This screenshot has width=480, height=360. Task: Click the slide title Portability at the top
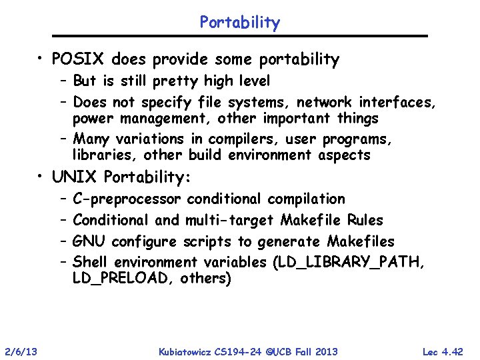tap(240, 22)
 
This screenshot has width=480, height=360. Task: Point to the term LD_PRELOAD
tap(123, 279)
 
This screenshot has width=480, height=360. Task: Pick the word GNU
tap(89, 241)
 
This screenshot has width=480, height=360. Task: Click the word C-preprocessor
tap(127, 199)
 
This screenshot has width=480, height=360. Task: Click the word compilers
tap(242, 139)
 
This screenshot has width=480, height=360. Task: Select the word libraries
tap(100, 155)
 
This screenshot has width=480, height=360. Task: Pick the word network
tap(325, 102)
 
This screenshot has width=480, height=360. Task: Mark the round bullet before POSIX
tap(41, 60)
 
